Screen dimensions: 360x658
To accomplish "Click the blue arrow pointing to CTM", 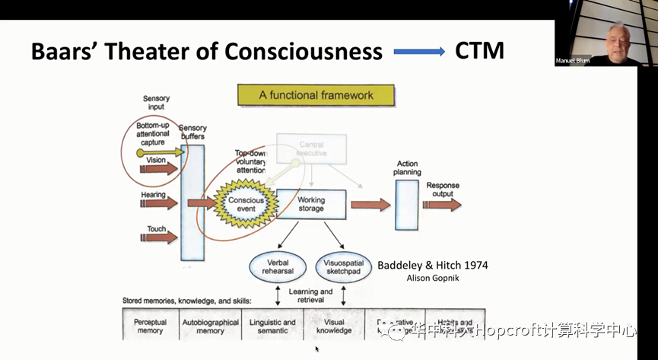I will [419, 52].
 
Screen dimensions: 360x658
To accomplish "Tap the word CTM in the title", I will [479, 51].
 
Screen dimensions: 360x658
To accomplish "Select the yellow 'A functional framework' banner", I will [316, 95].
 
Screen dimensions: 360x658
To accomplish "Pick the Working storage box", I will [310, 204].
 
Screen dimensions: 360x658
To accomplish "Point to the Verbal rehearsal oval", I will [278, 266].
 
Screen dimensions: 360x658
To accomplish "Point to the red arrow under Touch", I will [158, 237].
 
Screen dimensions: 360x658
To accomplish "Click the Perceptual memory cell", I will [150, 326].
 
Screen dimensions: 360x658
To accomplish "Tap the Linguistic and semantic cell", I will [272, 326].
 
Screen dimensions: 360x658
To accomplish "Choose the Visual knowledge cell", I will [333, 326].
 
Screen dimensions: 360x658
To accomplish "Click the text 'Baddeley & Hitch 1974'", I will [433, 266].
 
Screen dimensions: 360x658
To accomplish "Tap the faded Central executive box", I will [311, 148].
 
